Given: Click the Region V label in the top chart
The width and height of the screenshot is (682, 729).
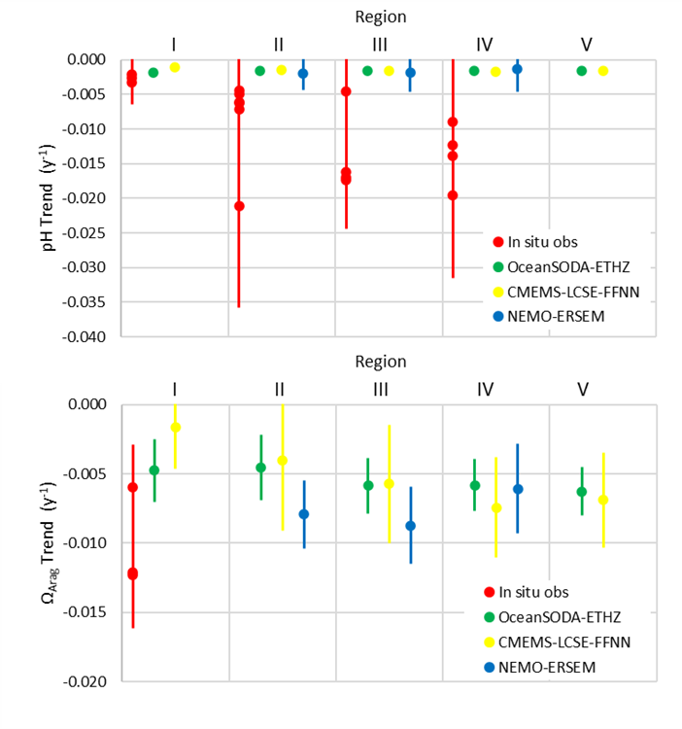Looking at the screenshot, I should tap(586, 44).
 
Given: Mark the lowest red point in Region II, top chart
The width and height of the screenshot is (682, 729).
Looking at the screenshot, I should tap(239, 206).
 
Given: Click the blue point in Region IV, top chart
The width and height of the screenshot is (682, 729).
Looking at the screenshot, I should tap(517, 69).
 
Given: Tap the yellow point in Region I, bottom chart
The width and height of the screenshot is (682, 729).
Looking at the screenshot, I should tap(176, 427).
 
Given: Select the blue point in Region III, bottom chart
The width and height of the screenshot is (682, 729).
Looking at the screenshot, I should tap(410, 526).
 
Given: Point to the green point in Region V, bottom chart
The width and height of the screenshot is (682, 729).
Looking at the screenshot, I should tap(582, 492).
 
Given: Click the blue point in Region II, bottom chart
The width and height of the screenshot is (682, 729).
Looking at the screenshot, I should tap(303, 514).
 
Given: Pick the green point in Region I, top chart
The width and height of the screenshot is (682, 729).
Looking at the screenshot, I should tap(153, 72).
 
